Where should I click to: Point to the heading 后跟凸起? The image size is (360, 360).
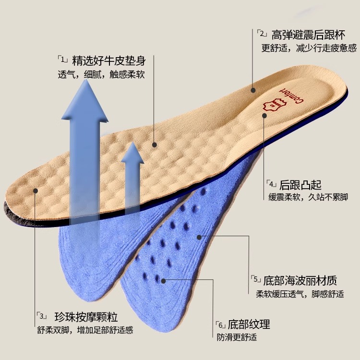coord(300,185)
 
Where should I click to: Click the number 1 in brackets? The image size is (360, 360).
coord(63,60)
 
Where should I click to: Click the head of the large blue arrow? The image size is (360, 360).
coord(86,98)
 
